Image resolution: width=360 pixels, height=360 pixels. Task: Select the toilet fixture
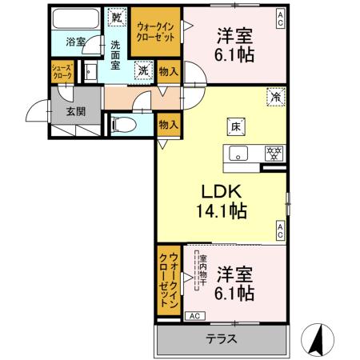coord(124,124)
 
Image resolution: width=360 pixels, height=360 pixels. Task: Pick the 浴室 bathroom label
coord(76,42)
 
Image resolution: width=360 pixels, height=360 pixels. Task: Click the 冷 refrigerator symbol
coord(274,99)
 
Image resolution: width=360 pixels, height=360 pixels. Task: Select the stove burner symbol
coord(272,152)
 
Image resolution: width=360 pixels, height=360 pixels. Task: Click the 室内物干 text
coord(204,272)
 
